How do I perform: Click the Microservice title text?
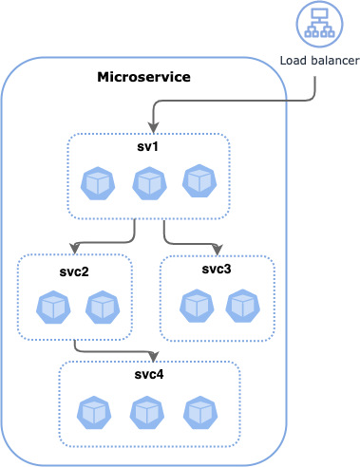[143, 76]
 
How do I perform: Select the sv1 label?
[148, 147]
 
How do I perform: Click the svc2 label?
[74, 271]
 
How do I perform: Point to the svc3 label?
[217, 269]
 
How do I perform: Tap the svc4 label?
[149, 374]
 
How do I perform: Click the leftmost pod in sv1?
[98, 182]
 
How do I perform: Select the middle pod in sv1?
[148, 182]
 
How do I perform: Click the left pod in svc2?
[53, 307]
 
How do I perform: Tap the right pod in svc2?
[103, 307]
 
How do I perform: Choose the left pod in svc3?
[196, 306]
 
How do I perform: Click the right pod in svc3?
[244, 306]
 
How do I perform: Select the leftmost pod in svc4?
[94, 412]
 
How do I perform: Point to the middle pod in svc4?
[146, 412]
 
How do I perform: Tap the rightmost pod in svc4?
[199, 412]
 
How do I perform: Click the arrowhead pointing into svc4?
[148, 357]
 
